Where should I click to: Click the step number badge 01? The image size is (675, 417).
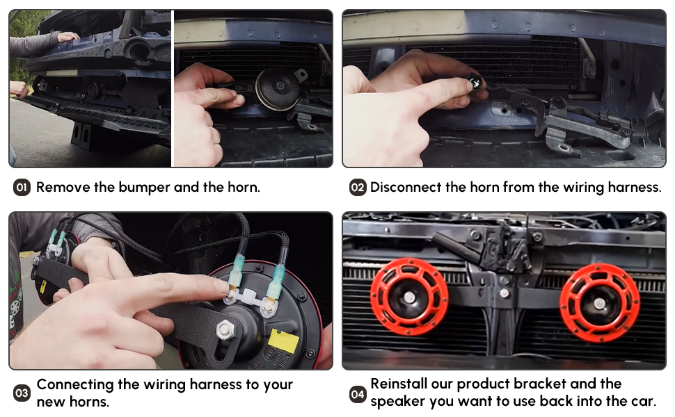tap(22, 188)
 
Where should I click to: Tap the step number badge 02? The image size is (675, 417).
tap(357, 188)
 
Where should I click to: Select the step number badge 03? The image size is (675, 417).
tap(22, 393)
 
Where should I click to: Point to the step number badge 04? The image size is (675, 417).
tap(357, 394)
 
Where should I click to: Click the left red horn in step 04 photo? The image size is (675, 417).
tap(409, 297)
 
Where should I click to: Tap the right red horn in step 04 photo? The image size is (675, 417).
tap(599, 303)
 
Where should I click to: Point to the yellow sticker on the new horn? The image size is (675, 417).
tap(284, 341)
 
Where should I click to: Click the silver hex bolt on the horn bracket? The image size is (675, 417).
tap(225, 330)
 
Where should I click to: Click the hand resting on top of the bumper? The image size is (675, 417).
tap(67, 37)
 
